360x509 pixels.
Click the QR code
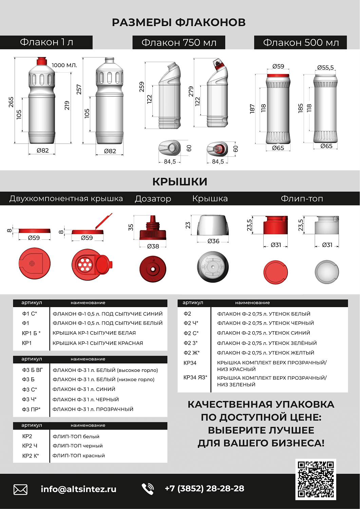(x=316, y=479)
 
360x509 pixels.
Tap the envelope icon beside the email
(x=20, y=489)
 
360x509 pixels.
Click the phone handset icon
(x=148, y=489)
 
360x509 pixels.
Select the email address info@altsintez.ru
(x=78, y=489)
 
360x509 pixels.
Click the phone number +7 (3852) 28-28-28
(x=204, y=488)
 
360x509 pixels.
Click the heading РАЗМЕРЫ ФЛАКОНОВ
(x=179, y=22)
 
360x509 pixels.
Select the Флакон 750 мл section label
(x=179, y=43)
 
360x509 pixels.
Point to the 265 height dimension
(x=11, y=102)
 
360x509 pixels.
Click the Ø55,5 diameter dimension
(x=325, y=68)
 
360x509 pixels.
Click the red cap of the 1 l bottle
(x=42, y=61)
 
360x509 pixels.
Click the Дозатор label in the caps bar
(x=153, y=199)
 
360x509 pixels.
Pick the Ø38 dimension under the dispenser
(x=153, y=246)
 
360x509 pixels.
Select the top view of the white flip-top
(x=326, y=272)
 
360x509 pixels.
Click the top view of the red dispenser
(x=153, y=269)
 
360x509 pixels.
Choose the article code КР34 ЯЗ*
(x=195, y=377)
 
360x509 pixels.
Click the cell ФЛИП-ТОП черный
(x=78, y=446)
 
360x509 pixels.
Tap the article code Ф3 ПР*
(x=31, y=409)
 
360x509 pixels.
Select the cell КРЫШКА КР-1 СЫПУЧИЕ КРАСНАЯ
(x=98, y=343)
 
